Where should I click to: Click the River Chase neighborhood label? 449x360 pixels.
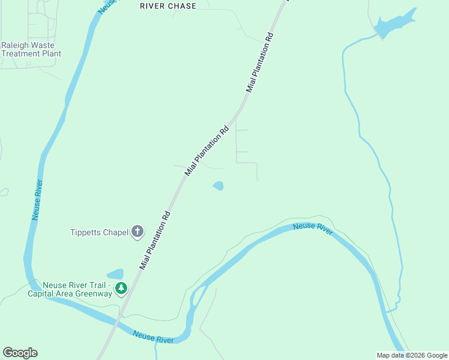(168, 6)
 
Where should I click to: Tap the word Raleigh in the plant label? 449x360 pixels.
(17, 45)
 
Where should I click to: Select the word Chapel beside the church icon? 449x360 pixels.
(117, 232)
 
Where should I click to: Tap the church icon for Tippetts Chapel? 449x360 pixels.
(137, 231)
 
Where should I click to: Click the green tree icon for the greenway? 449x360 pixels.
(121, 289)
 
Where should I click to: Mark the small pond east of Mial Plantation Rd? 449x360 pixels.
(218, 186)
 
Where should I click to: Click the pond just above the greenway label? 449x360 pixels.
(115, 274)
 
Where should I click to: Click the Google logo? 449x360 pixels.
(20, 353)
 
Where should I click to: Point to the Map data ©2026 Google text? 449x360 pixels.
(412, 355)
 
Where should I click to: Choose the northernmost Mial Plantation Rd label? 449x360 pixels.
(260, 62)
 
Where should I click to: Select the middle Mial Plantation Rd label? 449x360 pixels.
(207, 150)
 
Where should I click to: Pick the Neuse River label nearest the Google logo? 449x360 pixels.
(154, 337)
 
